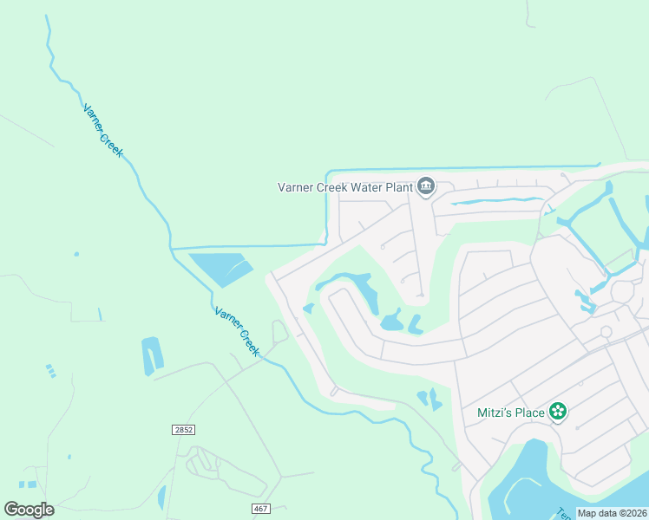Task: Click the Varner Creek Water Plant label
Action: [344, 186]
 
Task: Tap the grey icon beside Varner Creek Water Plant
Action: [426, 186]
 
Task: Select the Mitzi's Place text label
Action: [511, 413]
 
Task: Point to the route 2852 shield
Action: [183, 430]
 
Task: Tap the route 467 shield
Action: [260, 508]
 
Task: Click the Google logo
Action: [29, 509]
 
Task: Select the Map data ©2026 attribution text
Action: [612, 513]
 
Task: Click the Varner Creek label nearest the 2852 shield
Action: [237, 330]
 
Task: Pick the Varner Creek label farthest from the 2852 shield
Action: [103, 131]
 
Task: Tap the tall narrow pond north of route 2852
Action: [151, 355]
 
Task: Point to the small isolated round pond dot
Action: [76, 254]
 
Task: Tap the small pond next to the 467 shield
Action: [161, 497]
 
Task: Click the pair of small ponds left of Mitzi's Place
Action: [429, 399]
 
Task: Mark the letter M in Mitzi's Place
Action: [483, 413]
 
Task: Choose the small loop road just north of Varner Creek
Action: [279, 331]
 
